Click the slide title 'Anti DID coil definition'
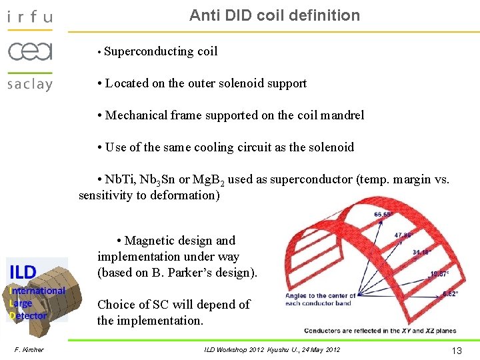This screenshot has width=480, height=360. tap(274, 15)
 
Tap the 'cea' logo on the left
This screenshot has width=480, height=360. tap(29, 51)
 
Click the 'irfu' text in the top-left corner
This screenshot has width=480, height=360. tap(29, 17)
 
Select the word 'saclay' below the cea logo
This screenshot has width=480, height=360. tap(29, 84)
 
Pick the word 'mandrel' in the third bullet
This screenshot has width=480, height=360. tap(342, 115)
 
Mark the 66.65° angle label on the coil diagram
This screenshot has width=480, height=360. tap(383, 215)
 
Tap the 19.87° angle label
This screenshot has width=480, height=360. tap(439, 273)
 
